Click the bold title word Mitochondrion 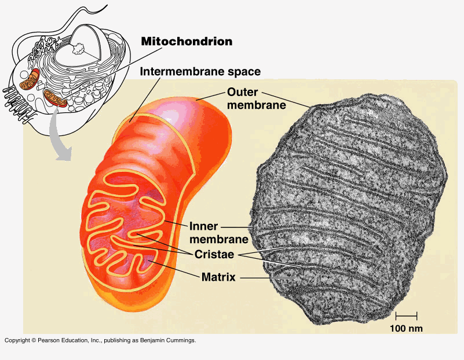pos(187,41)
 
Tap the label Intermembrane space pos(200,72)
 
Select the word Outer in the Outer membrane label pos(242,92)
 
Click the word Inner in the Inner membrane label pos(203,226)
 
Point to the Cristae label pos(214,254)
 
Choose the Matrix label pos(218,277)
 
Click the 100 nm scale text pos(406,328)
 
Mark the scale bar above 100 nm pos(406,316)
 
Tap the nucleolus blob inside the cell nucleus pos(78,49)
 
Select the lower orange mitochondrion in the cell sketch pos(55,98)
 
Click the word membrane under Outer pos(257,105)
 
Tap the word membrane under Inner pos(219,240)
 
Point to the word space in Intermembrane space pos(244,72)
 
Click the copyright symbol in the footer pos(34,340)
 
